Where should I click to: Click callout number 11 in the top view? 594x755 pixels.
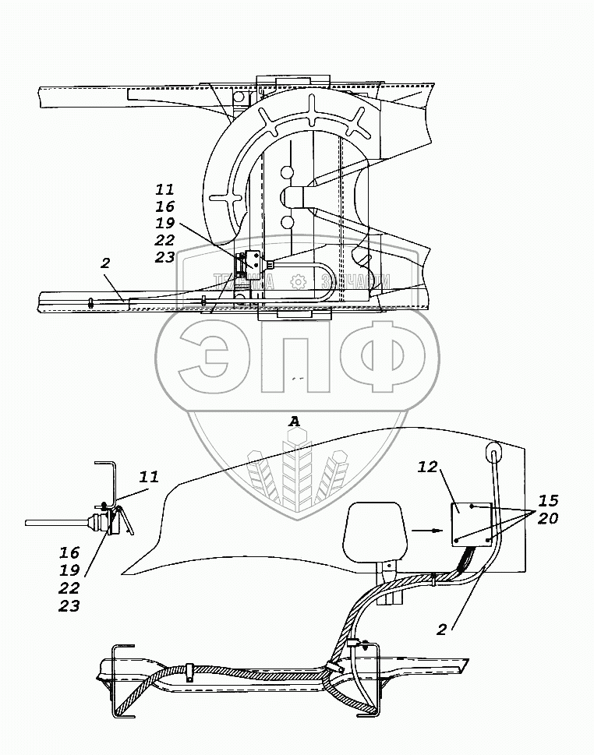(164, 189)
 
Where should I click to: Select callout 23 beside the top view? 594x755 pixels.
(164, 258)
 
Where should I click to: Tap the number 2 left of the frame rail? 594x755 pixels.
(104, 264)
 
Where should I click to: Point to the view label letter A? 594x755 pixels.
(295, 422)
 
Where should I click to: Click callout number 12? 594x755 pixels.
(427, 467)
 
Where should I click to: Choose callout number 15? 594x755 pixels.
(548, 499)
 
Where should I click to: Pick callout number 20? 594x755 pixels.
(548, 517)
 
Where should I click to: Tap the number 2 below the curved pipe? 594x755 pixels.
(441, 630)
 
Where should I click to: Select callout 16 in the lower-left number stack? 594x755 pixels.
(69, 552)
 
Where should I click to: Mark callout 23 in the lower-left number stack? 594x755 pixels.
(69, 606)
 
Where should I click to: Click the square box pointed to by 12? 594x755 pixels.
(472, 524)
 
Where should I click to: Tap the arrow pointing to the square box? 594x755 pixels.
(424, 530)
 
